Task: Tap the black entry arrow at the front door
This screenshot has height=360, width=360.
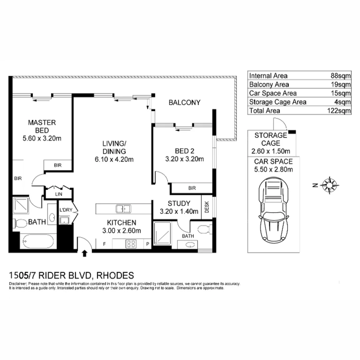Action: [x=84, y=253]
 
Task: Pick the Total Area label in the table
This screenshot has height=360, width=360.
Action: [x=265, y=111]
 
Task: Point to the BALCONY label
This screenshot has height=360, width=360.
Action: [x=184, y=103]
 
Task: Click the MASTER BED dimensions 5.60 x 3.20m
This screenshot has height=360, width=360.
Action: [x=42, y=138]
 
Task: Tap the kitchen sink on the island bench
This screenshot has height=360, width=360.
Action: [x=123, y=209]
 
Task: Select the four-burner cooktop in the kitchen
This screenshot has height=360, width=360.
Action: [x=130, y=244]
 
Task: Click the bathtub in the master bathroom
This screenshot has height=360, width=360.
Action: [x=37, y=241]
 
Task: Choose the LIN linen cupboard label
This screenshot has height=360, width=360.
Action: [x=58, y=194]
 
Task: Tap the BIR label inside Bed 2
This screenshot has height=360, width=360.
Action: [x=192, y=188]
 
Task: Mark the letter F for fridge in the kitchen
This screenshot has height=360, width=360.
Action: [x=104, y=244]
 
